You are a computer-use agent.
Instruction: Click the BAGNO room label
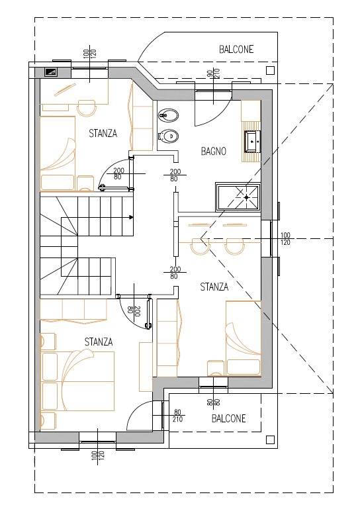point(213,151)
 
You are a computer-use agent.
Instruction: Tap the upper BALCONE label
point(236,49)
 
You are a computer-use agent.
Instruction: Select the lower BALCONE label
point(229,418)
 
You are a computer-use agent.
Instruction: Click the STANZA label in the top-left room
point(103,133)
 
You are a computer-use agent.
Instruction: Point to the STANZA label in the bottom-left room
point(99,342)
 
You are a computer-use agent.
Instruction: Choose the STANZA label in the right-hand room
point(214,287)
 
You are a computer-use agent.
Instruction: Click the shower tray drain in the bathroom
point(247,197)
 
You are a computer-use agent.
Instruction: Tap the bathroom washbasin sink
point(253,141)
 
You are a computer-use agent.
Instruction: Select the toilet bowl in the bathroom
point(168,136)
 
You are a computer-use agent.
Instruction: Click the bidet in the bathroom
point(168,115)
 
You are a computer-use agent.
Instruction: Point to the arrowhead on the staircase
point(131,216)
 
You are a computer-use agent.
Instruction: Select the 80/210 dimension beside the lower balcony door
point(177,416)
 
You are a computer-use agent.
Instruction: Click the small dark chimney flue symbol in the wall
point(52,71)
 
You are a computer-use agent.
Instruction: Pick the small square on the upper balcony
point(270,71)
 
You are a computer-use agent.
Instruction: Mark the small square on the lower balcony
point(270,440)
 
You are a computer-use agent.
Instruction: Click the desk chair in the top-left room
point(87,108)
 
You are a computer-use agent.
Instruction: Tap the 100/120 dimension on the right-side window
point(285,239)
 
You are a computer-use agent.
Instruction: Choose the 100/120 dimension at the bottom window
point(98,458)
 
